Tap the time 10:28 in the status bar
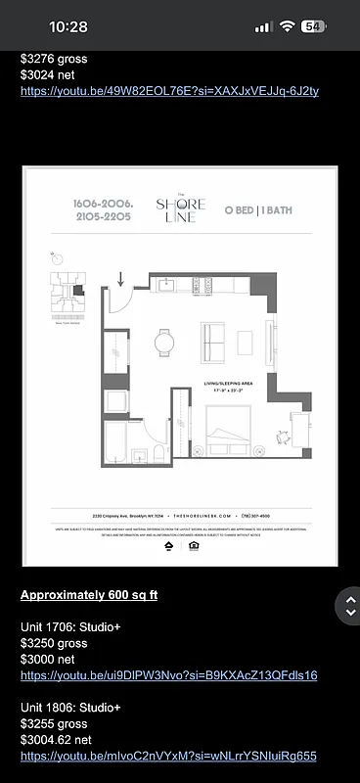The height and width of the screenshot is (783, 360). (x=67, y=27)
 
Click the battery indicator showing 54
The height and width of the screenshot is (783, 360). (x=314, y=26)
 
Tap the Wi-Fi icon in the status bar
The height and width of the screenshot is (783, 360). (x=288, y=26)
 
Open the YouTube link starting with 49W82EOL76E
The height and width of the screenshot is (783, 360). (x=169, y=91)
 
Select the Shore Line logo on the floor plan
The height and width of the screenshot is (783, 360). (x=181, y=208)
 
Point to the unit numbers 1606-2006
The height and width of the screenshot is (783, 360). (x=103, y=203)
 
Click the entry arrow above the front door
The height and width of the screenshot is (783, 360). (x=120, y=281)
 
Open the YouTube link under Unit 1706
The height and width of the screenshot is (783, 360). (x=168, y=675)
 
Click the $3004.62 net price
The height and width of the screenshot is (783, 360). (x=56, y=740)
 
